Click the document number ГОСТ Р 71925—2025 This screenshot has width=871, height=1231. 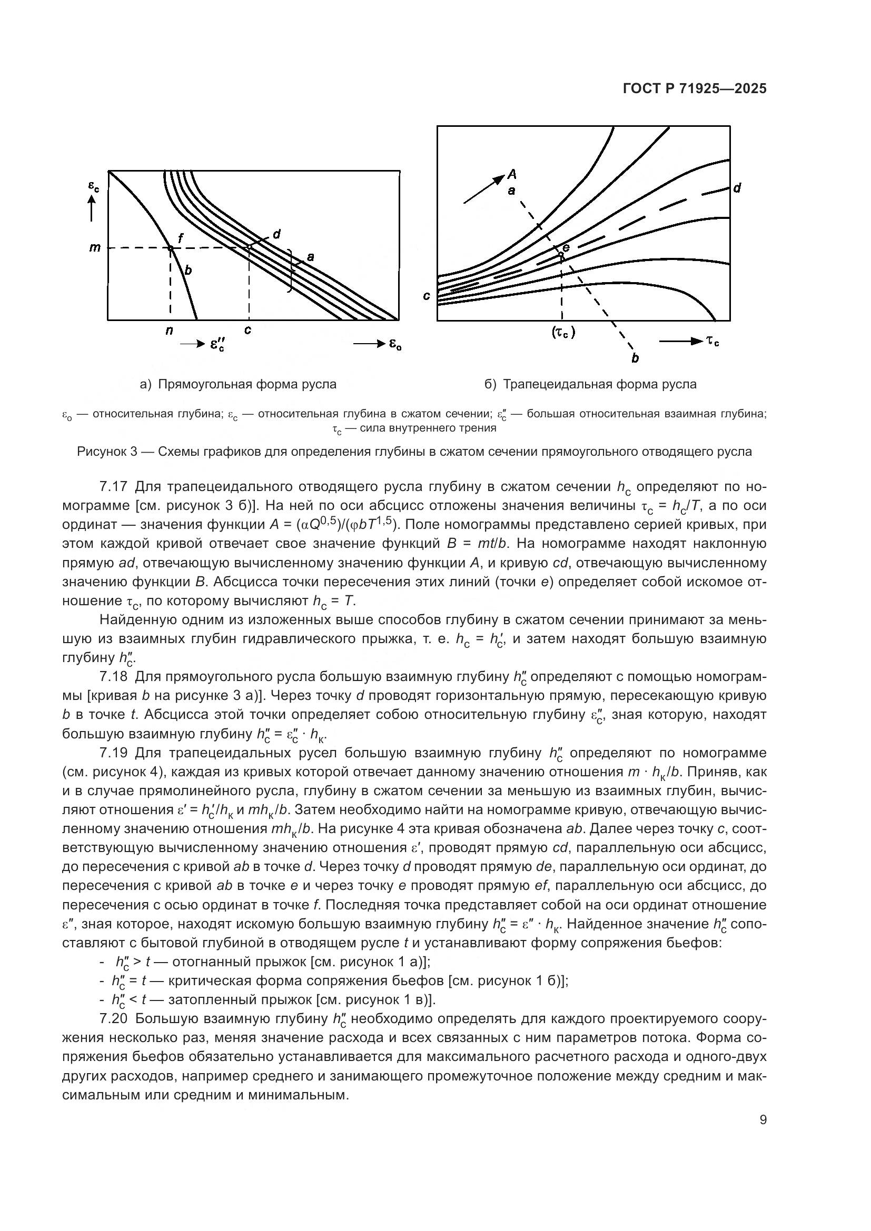pyautogui.click(x=695, y=89)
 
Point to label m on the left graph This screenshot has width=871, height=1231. pyautogui.click(x=94, y=248)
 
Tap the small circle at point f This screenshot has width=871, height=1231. pyautogui.click(x=170, y=248)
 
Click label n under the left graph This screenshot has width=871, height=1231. pyautogui.click(x=170, y=331)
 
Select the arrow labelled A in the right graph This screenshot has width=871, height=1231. pyautogui.click(x=485, y=189)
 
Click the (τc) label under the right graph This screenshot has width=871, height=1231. pyautogui.click(x=562, y=333)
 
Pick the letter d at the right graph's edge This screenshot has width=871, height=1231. pyautogui.click(x=737, y=188)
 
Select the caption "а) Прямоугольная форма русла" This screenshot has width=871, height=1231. pyautogui.click(x=238, y=384)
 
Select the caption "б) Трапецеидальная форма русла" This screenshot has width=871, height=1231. pyautogui.click(x=590, y=384)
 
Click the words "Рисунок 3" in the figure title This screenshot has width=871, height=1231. pyautogui.click(x=107, y=452)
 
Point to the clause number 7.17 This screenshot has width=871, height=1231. pyautogui.click(x=113, y=487)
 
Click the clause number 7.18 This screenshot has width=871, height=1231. pyautogui.click(x=113, y=677)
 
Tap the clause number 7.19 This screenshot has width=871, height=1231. pyautogui.click(x=113, y=753)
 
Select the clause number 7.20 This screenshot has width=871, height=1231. pyautogui.click(x=113, y=1019)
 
